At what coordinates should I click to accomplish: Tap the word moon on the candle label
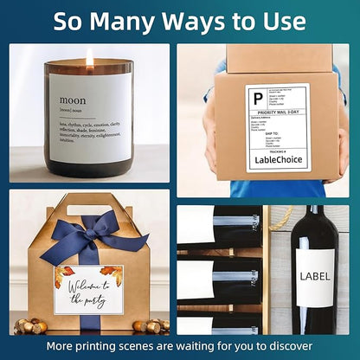tap(73, 100)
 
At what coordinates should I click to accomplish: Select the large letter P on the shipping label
tap(257, 99)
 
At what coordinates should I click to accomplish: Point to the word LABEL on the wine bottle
tap(314, 276)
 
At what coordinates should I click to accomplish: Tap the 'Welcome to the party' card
tap(88, 289)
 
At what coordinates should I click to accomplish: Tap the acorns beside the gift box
tap(33, 326)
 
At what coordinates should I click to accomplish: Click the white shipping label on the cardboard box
tap(277, 127)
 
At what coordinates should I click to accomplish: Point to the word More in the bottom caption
tap(61, 345)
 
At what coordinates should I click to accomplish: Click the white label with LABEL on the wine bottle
tap(314, 279)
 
